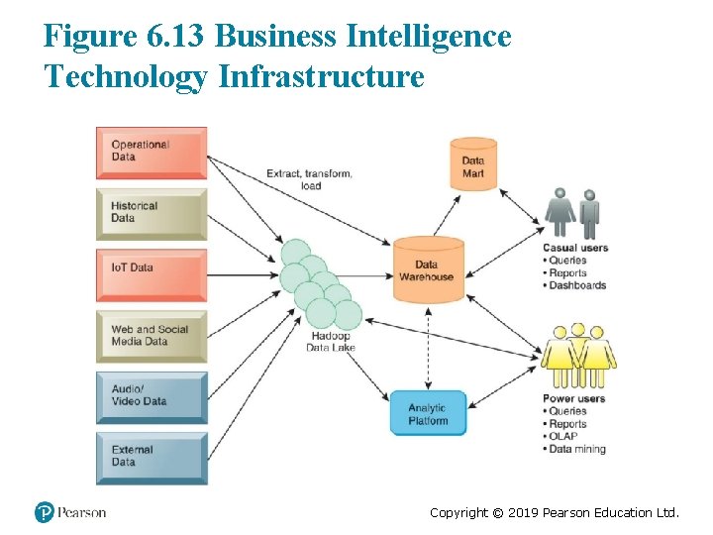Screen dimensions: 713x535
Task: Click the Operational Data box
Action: click(x=151, y=153)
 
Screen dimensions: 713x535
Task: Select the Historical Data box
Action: click(x=151, y=213)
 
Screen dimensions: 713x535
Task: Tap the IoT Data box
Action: click(x=151, y=274)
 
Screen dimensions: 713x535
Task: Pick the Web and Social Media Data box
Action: click(x=151, y=336)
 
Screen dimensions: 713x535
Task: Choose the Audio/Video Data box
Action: click(x=151, y=396)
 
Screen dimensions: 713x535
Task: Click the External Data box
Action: click(x=151, y=457)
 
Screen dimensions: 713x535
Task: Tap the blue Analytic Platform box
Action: click(x=427, y=414)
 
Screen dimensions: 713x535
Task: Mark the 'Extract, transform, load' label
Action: click(x=309, y=179)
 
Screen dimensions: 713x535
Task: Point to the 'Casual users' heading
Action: click(x=575, y=248)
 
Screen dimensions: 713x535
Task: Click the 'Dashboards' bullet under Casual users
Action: click(x=577, y=285)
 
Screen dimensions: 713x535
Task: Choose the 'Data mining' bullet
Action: click(x=577, y=449)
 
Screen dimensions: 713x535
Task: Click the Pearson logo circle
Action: click(x=45, y=512)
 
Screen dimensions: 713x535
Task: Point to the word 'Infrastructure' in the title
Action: click(x=321, y=75)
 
